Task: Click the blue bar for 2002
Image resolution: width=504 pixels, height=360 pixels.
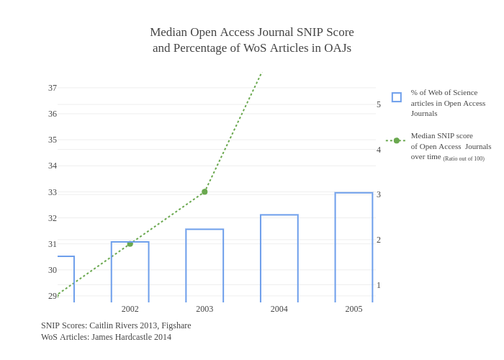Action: (x=130, y=272)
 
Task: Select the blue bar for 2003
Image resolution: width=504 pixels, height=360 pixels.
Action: (x=204, y=266)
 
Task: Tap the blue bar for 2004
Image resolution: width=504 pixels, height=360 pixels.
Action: (x=279, y=258)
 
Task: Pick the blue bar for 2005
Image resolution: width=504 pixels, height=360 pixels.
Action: (x=354, y=248)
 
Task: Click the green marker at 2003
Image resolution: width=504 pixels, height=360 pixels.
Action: (x=204, y=192)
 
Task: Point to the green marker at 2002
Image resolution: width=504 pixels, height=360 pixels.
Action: (x=130, y=244)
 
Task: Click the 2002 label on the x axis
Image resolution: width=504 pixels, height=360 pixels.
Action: (x=130, y=309)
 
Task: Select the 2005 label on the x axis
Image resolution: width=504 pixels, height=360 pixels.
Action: (x=354, y=309)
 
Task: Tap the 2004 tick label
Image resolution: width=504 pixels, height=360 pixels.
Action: (x=279, y=309)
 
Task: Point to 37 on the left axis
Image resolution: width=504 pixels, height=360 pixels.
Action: (x=53, y=88)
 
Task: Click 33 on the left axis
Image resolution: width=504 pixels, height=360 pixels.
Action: (x=53, y=192)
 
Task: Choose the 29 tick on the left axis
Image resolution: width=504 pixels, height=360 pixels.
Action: (x=53, y=296)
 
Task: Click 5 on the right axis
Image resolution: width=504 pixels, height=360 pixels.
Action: (x=379, y=104)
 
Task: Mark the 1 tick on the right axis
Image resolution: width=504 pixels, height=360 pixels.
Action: (x=379, y=285)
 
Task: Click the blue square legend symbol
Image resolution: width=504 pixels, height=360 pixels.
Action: (x=397, y=97)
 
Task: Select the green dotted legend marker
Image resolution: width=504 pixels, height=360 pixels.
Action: (x=396, y=140)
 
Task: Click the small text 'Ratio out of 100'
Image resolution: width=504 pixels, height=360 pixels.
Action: (x=464, y=158)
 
